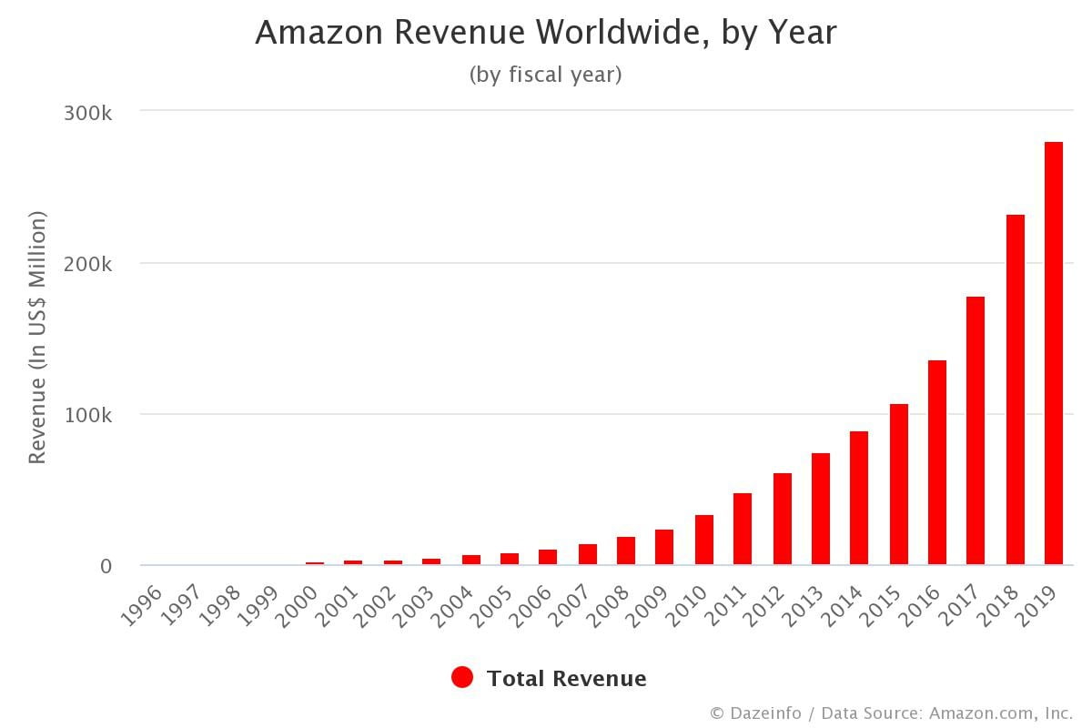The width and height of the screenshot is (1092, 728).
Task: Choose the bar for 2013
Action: coord(821,509)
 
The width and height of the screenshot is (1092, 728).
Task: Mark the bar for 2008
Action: coord(626,551)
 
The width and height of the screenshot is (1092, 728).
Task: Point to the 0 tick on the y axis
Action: coord(106,566)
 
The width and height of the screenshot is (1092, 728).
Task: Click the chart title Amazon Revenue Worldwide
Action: coord(546,33)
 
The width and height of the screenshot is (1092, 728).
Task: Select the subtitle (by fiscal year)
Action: coord(546,75)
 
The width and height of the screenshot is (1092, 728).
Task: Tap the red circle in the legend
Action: coord(462,678)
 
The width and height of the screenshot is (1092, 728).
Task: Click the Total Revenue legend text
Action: coord(566,679)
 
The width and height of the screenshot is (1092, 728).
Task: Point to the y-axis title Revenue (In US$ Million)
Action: coord(37,338)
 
